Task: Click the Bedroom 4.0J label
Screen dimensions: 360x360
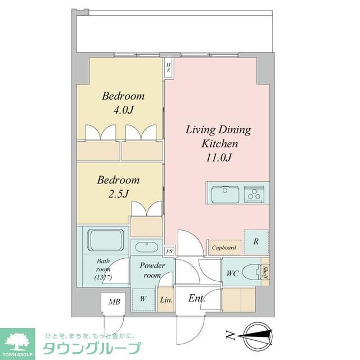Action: pyautogui.click(x=123, y=102)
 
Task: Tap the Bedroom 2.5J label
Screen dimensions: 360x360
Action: pyautogui.click(x=118, y=187)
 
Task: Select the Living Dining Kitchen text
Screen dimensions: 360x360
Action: pyautogui.click(x=218, y=143)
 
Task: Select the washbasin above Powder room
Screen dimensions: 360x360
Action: pyautogui.click(x=146, y=246)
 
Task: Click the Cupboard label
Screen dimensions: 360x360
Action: pyautogui.click(x=224, y=246)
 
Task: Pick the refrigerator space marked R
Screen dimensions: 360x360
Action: pyautogui.click(x=256, y=242)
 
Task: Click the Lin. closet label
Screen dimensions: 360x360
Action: pyautogui.click(x=166, y=300)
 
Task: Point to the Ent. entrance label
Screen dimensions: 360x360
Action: pyautogui.click(x=196, y=298)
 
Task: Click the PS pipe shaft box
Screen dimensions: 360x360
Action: pyautogui.click(x=169, y=252)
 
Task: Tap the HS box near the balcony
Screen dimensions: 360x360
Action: pyautogui.click(x=168, y=68)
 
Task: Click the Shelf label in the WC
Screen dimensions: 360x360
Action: pyautogui.click(x=265, y=273)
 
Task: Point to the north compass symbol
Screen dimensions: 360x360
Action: pyautogui.click(x=260, y=336)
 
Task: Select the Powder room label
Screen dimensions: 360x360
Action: pyautogui.click(x=152, y=270)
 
